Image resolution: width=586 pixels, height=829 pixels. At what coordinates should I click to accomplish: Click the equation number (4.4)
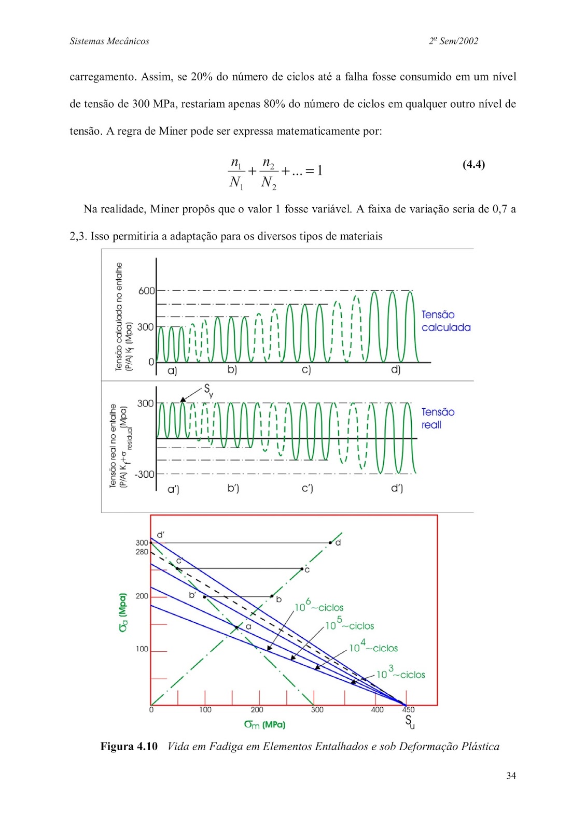473,165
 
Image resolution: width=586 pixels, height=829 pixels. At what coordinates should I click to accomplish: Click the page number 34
511,776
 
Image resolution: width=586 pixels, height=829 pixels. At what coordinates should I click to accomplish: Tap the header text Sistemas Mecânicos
109,41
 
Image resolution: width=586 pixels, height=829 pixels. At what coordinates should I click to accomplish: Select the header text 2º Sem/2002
453,41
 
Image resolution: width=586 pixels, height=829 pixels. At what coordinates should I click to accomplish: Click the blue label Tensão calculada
445,321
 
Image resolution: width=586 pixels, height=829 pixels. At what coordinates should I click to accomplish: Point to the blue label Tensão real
438,418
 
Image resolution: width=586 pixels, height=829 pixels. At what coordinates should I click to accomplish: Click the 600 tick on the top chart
146,291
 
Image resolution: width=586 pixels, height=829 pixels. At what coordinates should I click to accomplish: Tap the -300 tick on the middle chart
145,474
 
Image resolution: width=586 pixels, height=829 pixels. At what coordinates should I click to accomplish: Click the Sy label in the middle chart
208,390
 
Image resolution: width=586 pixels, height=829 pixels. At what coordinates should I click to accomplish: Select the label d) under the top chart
396,369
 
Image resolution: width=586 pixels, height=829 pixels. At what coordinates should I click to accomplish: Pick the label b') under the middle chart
233,488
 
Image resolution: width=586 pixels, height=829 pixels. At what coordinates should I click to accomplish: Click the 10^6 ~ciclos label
319,606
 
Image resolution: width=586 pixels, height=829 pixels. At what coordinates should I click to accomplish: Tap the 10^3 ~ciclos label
400,674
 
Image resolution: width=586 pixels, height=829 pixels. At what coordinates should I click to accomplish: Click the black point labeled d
330,542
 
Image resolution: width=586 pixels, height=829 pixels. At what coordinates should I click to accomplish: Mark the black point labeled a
236,627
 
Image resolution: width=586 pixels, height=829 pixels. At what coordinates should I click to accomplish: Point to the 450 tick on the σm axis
408,710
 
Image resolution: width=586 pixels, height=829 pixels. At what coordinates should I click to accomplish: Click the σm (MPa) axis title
264,724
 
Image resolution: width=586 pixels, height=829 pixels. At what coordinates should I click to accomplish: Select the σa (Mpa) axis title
123,612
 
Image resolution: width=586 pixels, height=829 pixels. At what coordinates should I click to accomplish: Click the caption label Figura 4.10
129,747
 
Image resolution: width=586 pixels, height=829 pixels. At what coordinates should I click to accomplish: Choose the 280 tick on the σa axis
142,552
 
